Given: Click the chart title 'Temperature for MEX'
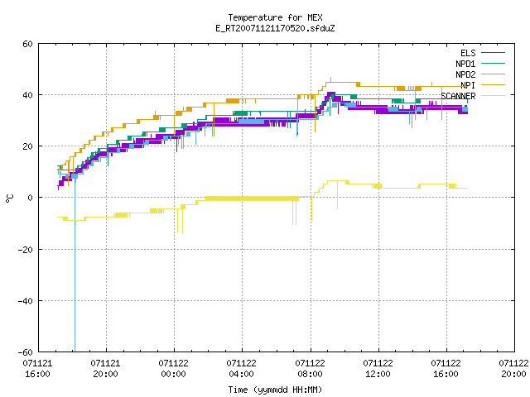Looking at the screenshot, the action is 275,17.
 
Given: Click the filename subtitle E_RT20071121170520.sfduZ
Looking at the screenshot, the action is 275,28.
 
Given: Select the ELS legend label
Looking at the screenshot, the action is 468,53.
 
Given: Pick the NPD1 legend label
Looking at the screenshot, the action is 465,64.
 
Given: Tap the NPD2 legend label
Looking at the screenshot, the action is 465,74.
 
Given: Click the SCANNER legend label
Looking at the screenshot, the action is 458,96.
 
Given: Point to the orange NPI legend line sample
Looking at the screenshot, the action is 493,85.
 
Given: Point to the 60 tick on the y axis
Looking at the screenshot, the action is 27,44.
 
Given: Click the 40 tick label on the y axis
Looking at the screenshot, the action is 27,95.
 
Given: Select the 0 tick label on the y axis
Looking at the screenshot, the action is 30,198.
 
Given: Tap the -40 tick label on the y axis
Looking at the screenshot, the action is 26,301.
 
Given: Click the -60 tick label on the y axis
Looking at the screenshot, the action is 26,352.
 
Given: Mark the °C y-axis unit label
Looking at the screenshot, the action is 10,198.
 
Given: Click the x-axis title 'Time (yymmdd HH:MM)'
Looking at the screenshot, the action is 275,390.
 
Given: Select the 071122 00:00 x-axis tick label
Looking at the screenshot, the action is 173,369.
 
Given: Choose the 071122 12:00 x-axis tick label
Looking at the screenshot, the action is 378,369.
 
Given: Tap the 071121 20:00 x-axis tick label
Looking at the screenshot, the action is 105,369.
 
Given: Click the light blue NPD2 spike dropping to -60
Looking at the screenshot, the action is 75,263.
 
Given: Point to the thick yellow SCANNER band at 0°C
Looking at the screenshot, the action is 252,198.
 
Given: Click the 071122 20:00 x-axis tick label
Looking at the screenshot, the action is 513,369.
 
